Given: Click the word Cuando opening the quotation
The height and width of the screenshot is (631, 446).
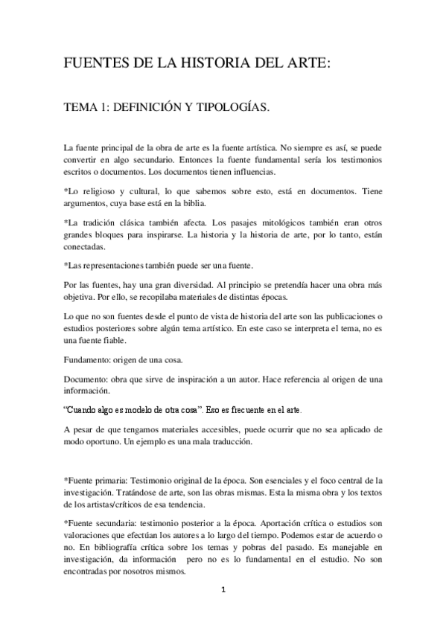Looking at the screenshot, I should click(x=83, y=410).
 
